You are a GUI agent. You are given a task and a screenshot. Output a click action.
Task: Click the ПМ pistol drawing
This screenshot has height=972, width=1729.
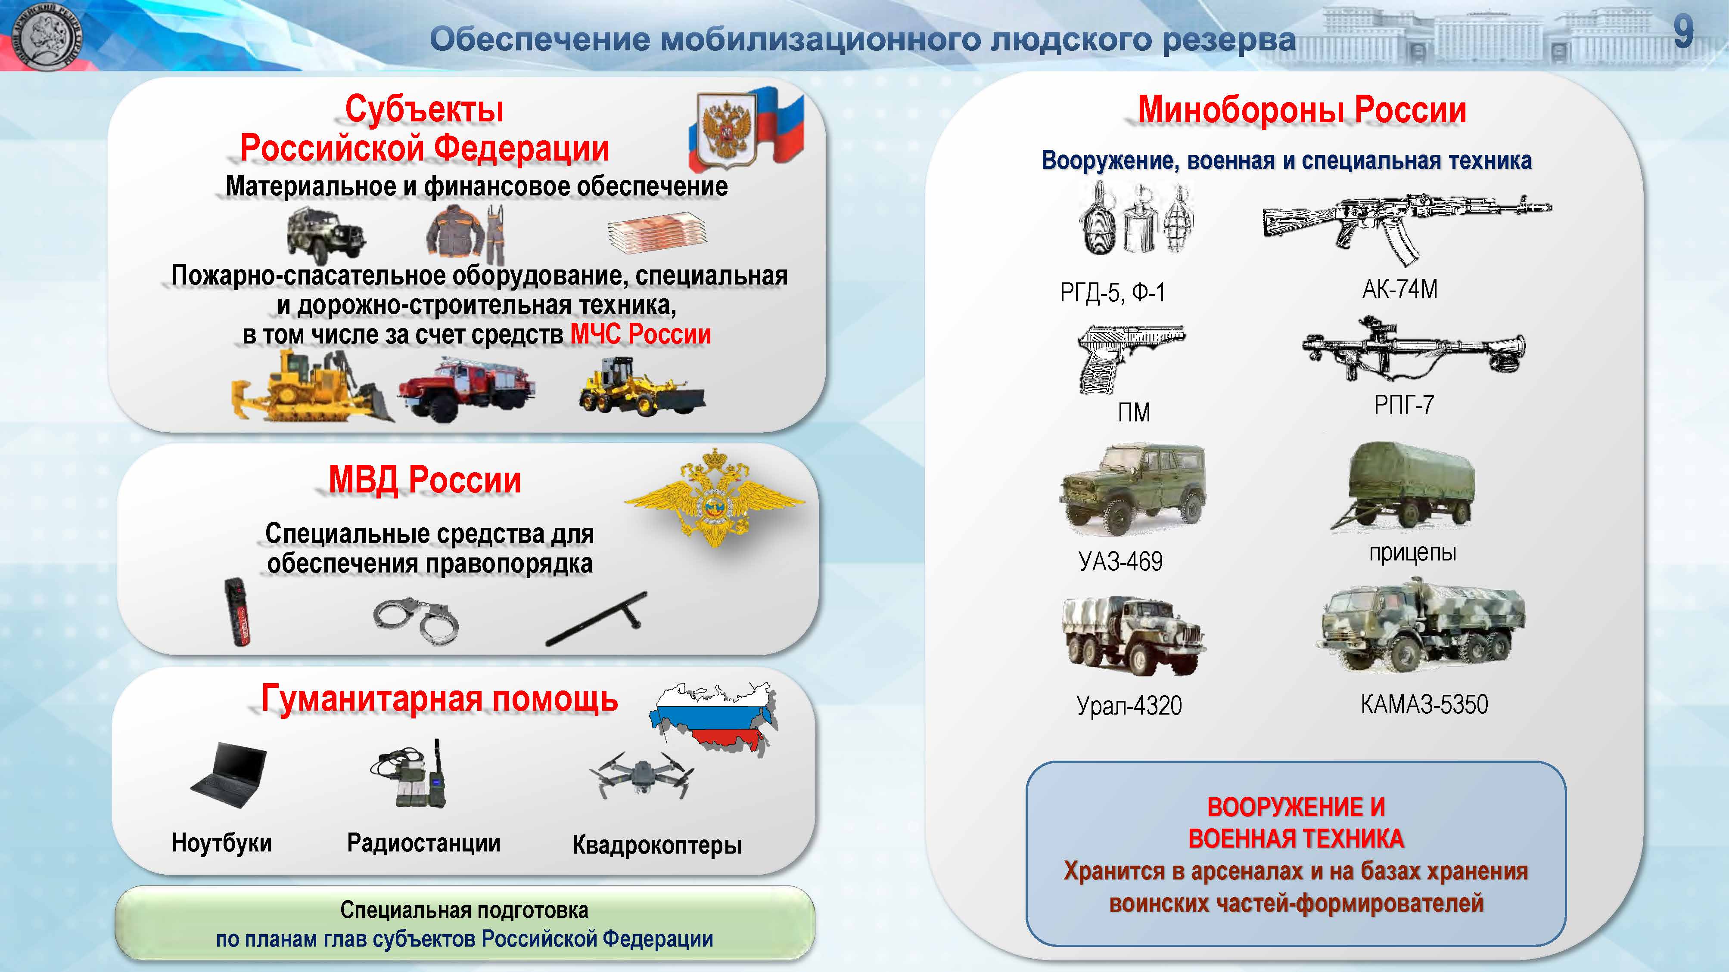click(x=1131, y=359)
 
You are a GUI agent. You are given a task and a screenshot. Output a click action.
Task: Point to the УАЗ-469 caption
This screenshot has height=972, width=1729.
click(x=1120, y=561)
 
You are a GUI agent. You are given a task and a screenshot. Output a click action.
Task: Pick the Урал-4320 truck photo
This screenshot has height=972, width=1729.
click(x=1133, y=635)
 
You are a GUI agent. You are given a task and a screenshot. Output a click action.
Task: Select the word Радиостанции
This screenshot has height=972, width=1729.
click(x=423, y=842)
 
